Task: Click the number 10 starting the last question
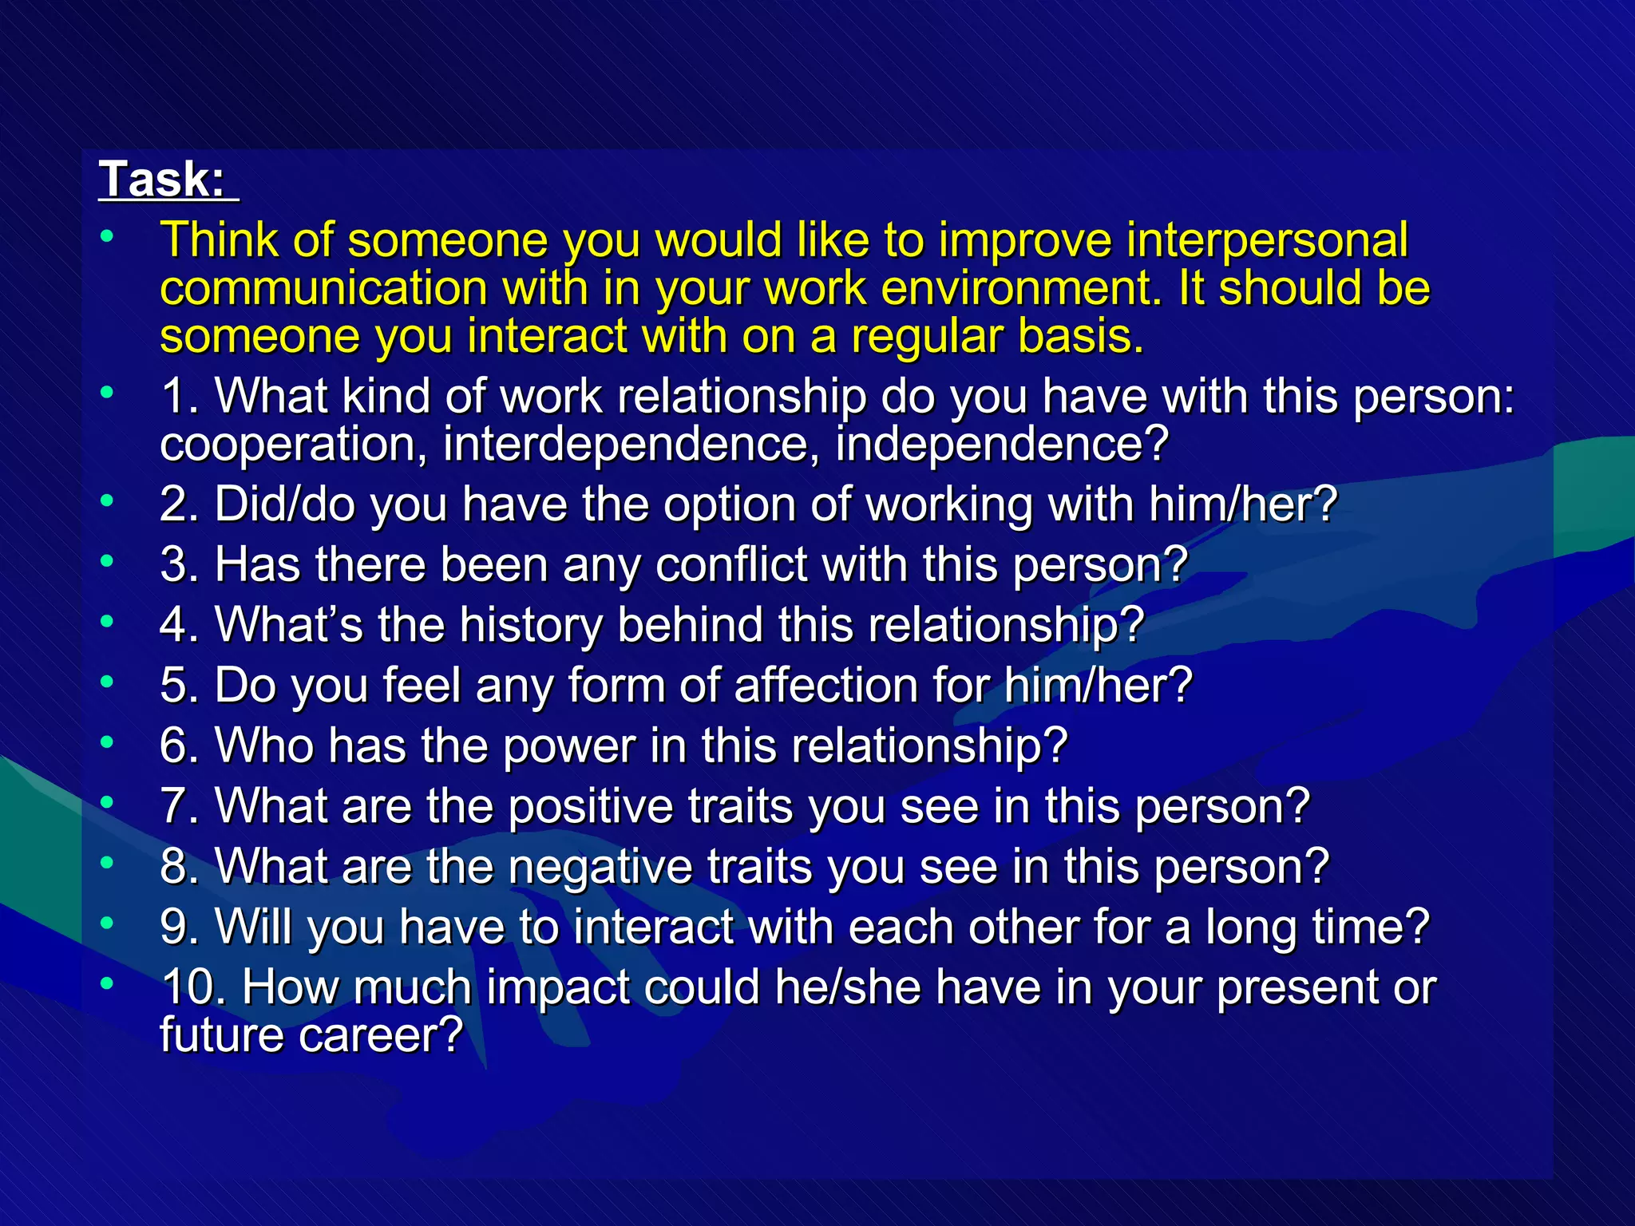coord(188,988)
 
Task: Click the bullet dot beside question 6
coord(107,742)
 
